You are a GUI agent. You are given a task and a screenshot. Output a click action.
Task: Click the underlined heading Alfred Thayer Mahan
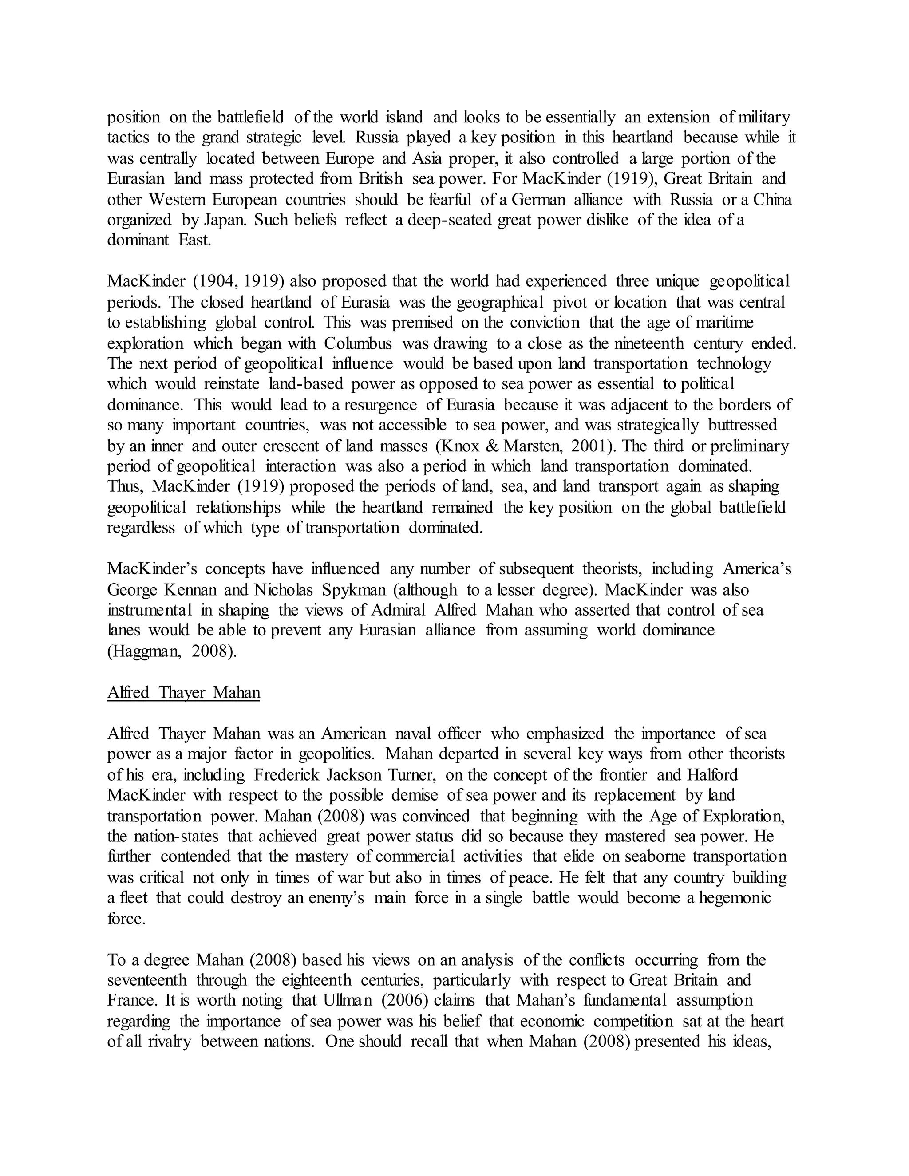[x=184, y=692]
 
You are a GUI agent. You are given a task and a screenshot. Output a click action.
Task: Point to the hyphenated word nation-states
[x=176, y=836]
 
